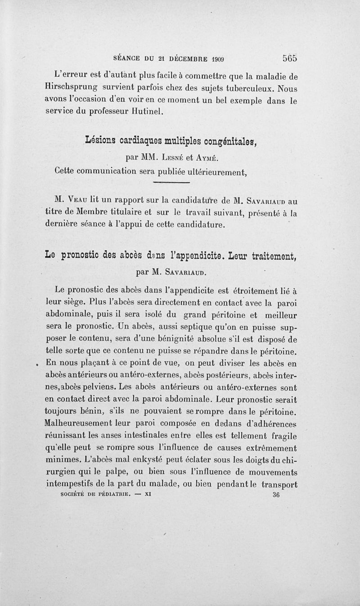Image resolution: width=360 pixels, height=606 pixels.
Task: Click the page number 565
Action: [x=290, y=58]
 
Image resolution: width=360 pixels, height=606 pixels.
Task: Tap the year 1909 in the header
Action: [x=217, y=58]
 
